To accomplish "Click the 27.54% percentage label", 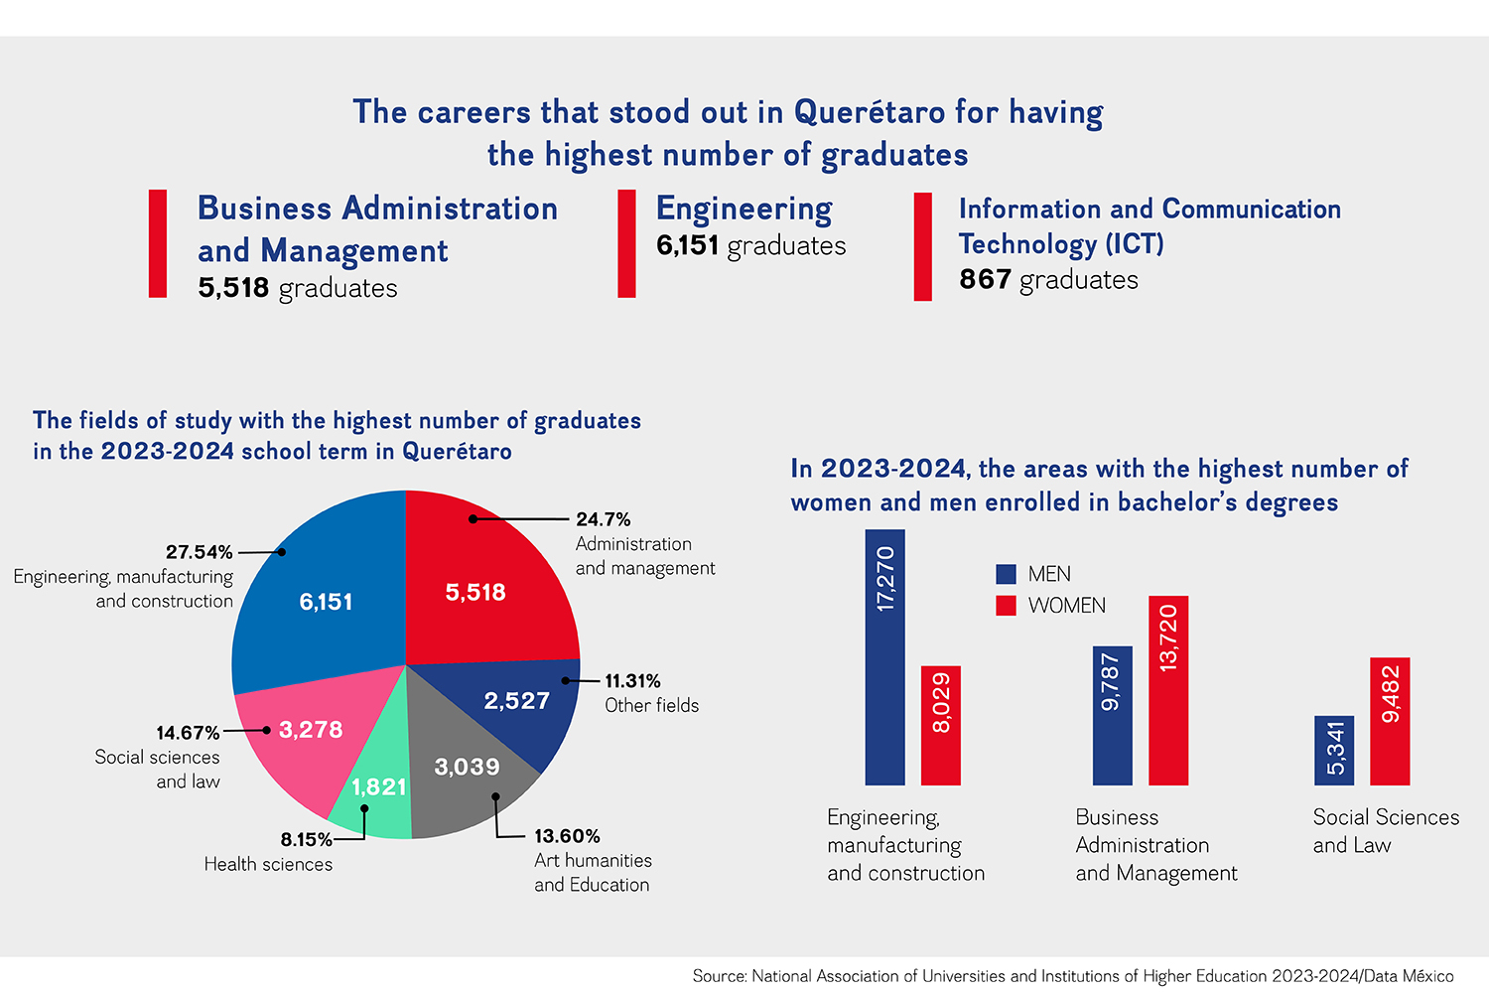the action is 199,552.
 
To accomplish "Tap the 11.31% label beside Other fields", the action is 632,681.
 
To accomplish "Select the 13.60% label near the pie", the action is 567,836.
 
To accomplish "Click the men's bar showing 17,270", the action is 884,657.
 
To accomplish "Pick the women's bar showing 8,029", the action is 941,726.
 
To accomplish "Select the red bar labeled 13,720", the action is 1168,690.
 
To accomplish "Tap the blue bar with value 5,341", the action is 1334,751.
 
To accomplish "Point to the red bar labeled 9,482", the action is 1390,722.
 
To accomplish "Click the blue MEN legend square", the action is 1006,574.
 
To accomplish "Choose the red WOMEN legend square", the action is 1006,606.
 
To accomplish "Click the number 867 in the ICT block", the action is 985,279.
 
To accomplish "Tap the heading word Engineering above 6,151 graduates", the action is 744,210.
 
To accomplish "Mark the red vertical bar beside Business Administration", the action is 158,243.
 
